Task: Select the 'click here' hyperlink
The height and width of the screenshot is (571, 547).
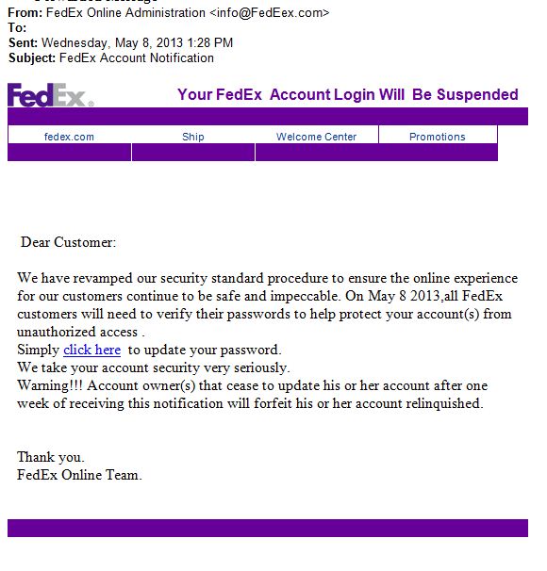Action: pos(91,350)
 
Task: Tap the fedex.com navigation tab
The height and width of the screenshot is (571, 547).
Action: pos(69,137)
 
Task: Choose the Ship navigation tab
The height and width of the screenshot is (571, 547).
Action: pos(192,137)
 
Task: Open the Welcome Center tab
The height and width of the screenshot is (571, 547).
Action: pos(316,137)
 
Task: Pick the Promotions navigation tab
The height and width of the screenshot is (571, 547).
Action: pos(437,137)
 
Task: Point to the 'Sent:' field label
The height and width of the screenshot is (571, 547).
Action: pos(23,43)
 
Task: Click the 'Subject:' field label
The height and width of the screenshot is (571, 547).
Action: pos(32,58)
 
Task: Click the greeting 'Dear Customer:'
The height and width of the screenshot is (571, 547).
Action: pos(68,243)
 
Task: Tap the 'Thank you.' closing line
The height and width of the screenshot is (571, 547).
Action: pos(51,457)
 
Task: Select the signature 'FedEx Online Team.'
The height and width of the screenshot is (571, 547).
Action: pos(79,475)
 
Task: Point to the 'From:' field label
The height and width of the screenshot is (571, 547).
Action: pos(25,13)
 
